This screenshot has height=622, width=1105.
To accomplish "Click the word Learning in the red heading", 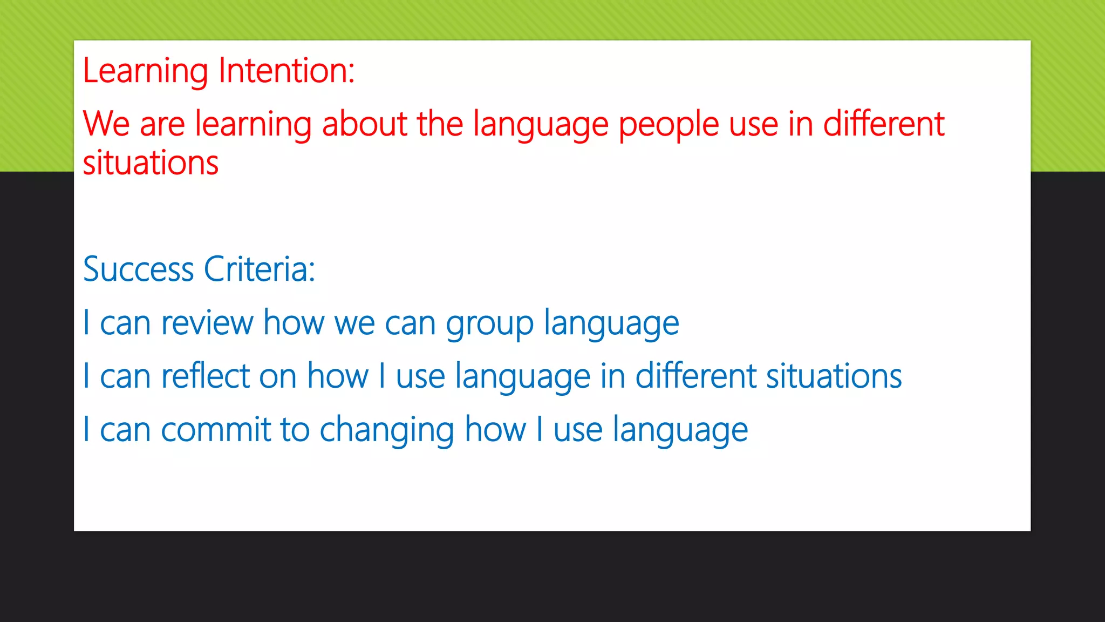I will [x=145, y=71].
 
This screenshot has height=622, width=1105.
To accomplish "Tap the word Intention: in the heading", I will [x=287, y=71].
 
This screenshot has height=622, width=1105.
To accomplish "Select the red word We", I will [x=106, y=124].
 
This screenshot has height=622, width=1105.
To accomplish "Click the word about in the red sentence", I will [x=364, y=124].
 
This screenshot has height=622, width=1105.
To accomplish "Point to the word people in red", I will [x=669, y=125].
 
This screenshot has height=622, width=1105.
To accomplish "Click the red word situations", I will [x=151, y=163].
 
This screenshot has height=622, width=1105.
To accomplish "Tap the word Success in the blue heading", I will [x=138, y=269].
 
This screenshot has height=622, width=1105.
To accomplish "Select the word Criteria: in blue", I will [x=259, y=269].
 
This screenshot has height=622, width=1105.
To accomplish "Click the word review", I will [x=207, y=323].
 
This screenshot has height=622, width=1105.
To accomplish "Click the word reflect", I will [x=206, y=376].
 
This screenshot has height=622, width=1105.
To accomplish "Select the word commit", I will [x=216, y=430].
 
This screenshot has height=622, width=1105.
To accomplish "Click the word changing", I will [x=387, y=431].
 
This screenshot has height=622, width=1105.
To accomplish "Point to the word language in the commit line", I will [x=680, y=431].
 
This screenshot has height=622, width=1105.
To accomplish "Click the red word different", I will [x=883, y=124].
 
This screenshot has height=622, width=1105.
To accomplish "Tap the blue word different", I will [x=695, y=376].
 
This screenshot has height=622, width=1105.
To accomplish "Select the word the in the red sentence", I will [x=440, y=124].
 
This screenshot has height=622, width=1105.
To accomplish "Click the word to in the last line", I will [x=295, y=430].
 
